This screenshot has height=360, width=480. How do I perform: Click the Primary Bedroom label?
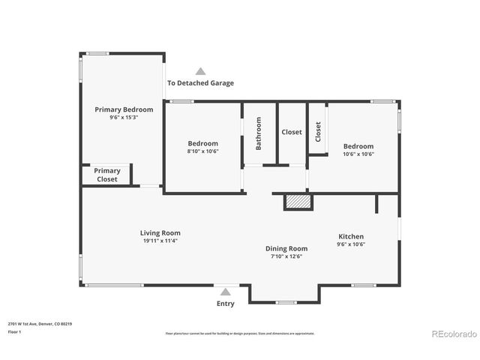point(124,109)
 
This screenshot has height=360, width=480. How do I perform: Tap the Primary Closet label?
point(107,175)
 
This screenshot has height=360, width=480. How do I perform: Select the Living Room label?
point(160,232)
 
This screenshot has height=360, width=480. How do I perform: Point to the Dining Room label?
point(286,248)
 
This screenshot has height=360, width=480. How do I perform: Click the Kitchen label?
point(350,236)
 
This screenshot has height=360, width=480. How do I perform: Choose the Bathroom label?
point(259,133)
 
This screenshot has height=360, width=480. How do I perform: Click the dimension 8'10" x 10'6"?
point(202,151)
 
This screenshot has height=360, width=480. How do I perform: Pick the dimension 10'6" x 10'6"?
point(358,154)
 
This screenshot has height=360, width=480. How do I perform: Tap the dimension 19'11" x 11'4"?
point(160,241)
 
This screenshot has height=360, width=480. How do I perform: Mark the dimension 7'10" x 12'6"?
point(286,256)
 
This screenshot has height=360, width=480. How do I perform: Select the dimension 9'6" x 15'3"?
point(124,118)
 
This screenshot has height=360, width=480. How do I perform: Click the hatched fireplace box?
point(297,201)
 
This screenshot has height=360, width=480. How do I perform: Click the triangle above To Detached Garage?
point(200,71)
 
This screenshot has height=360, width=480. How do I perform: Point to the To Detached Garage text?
point(200,83)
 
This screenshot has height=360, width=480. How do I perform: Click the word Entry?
point(225,304)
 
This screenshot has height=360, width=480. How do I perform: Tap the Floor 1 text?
point(14,331)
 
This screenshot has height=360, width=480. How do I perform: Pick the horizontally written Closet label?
point(292,132)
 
